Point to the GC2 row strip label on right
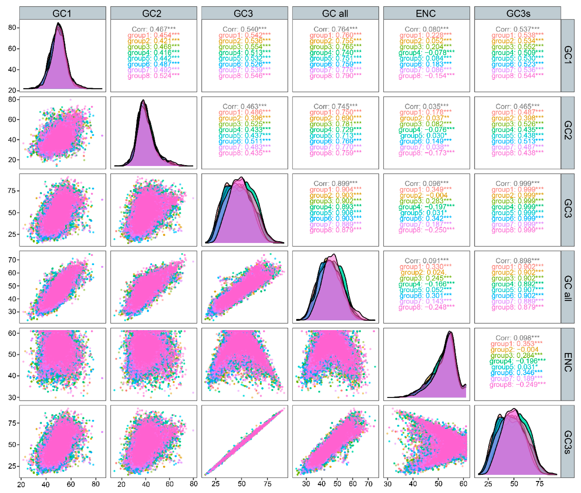[567, 130]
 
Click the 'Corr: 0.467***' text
[153, 29]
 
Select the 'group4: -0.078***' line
[426, 52]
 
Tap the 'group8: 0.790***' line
[335, 76]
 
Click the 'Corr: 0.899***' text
[335, 183]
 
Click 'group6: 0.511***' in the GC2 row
[244, 141]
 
